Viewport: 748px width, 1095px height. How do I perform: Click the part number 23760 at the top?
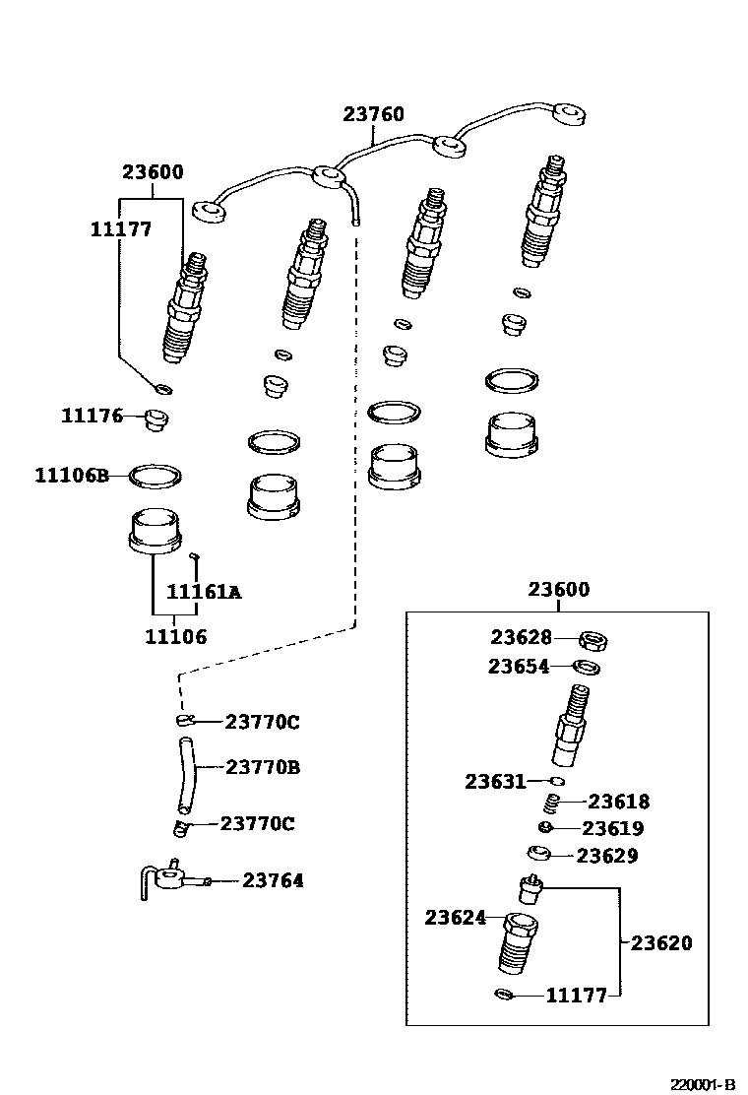click(x=373, y=115)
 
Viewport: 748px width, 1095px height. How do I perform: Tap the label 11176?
click(x=92, y=416)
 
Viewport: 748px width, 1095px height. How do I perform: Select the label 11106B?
click(x=71, y=476)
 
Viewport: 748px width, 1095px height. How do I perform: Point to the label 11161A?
click(x=204, y=592)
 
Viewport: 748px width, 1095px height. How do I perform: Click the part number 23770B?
click(x=263, y=766)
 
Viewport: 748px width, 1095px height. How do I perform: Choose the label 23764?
click(x=273, y=880)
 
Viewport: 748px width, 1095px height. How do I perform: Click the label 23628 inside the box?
click(x=521, y=638)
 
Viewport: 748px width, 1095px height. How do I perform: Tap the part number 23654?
click(x=518, y=667)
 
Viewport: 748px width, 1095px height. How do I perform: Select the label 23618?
click(x=619, y=802)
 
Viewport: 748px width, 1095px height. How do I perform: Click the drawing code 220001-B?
click(x=703, y=1084)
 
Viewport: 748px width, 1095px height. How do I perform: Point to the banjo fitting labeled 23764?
click(x=172, y=876)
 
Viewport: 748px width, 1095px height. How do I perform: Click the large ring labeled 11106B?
click(x=156, y=477)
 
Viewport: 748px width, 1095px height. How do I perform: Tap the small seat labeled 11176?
click(x=155, y=420)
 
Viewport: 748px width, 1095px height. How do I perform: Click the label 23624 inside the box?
click(x=456, y=917)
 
